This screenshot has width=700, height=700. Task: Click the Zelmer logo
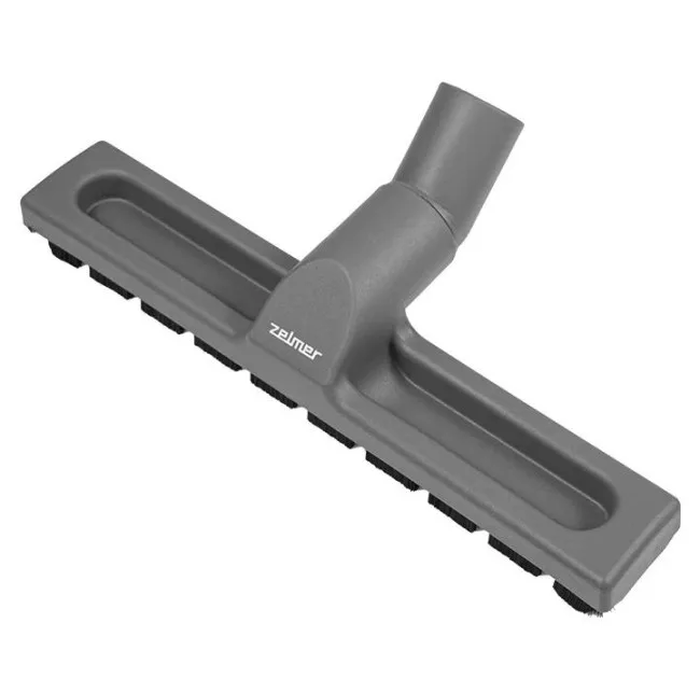point(295,342)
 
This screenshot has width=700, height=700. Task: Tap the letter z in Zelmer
point(275,330)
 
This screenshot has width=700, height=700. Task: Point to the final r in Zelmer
point(316,354)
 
